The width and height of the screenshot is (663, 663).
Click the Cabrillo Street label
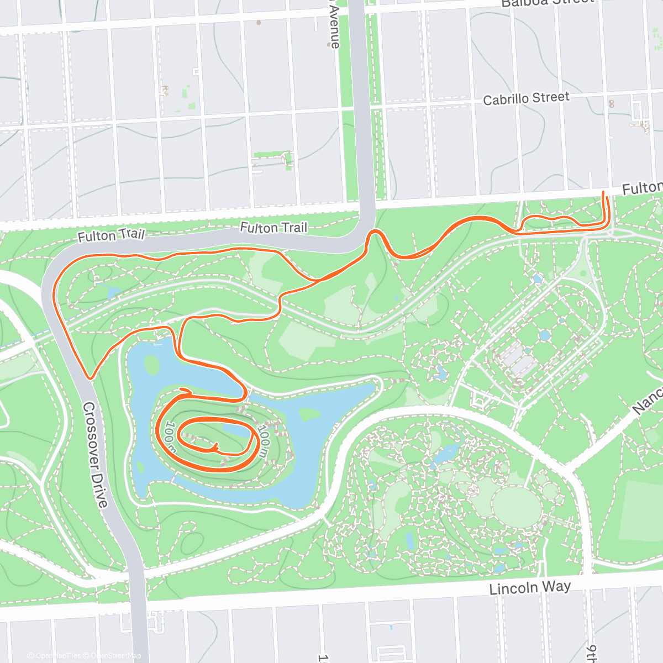tap(525, 98)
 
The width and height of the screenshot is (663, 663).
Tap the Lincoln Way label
tap(530, 587)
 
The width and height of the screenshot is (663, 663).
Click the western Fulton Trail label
tap(110, 235)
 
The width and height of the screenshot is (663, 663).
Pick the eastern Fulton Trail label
tap(273, 227)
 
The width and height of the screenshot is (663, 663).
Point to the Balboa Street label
tap(547, 3)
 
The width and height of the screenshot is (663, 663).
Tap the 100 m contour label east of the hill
tap(265, 440)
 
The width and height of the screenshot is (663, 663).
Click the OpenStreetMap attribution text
tap(115, 656)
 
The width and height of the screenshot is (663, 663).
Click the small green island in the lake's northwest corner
tap(151, 364)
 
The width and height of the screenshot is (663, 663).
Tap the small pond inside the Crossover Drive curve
tap(113, 291)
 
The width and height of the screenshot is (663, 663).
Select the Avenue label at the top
tap(335, 25)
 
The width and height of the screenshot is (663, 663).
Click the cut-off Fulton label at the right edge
tap(642, 188)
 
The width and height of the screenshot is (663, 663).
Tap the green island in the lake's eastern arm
tap(310, 414)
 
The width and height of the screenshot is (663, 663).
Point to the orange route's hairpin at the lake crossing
tap(244, 393)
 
